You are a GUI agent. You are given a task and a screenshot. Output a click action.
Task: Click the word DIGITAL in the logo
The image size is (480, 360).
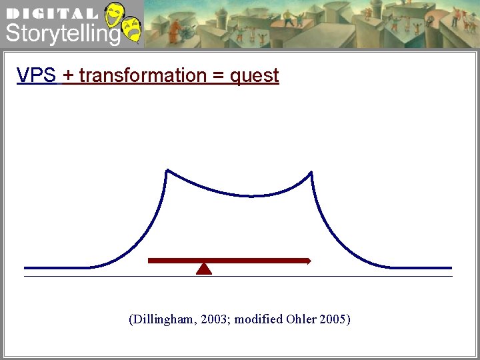[51, 13]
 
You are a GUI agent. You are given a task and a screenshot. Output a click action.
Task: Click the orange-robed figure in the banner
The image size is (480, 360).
[174, 31]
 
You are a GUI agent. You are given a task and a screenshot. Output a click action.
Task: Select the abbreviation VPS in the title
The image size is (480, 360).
[37, 75]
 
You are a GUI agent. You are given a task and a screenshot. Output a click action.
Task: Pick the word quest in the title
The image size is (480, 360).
[254, 76]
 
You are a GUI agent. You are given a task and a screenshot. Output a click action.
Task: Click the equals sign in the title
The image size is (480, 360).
[218, 76]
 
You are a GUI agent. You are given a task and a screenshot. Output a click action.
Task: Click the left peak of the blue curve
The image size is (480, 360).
[167, 171]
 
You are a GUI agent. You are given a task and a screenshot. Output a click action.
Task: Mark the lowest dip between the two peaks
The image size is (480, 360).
[251, 195]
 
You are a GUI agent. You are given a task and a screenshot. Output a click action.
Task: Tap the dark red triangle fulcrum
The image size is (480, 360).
[204, 269]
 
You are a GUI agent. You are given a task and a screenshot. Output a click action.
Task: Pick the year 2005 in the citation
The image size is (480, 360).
[333, 319]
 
